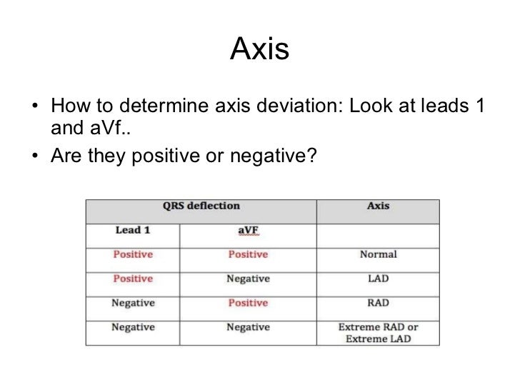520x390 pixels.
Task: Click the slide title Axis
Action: coord(259,51)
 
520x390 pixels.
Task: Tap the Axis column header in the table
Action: coord(378,206)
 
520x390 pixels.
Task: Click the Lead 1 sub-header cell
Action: coord(133,231)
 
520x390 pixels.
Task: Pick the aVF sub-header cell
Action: coord(248,231)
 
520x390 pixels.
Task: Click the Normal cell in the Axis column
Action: coord(378,254)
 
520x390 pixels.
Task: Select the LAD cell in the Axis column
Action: coord(378,279)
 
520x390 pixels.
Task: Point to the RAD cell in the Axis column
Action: coord(378,303)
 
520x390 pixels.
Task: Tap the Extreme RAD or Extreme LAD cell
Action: coord(378,333)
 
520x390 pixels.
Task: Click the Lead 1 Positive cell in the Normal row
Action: coord(132,254)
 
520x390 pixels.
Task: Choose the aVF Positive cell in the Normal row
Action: coord(248,254)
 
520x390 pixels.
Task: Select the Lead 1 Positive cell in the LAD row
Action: coord(132,279)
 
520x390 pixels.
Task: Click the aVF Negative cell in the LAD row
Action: coord(248,279)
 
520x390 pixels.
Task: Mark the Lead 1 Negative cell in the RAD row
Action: coord(133,303)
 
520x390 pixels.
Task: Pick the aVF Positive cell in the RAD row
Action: coord(248,303)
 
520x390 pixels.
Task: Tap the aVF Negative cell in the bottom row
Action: coord(248,327)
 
